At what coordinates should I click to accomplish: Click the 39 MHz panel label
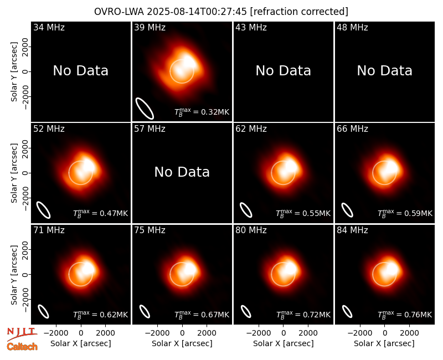coord(150,28)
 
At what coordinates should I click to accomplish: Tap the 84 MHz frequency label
coord(352,230)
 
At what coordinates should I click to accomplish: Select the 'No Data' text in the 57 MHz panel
coord(182,172)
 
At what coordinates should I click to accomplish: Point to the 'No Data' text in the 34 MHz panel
coord(80,71)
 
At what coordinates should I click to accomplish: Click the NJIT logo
coord(22,333)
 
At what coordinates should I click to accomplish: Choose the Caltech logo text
coord(22,347)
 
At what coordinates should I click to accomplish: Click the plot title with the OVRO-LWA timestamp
coord(221,12)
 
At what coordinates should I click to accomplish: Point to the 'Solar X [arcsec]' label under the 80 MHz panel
coord(284,343)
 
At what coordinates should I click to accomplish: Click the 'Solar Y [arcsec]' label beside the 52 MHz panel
coord(14,173)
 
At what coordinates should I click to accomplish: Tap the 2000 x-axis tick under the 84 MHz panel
coord(409,333)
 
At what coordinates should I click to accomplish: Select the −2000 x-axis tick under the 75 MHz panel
coord(158,333)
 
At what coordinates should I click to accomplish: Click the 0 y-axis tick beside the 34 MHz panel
coord(25,71)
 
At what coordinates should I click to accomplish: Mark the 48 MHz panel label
coord(352,28)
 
